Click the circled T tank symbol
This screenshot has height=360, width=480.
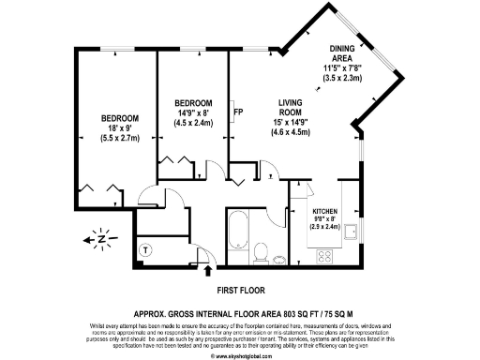point(146,250)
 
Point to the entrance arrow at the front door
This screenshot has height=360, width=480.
point(208,272)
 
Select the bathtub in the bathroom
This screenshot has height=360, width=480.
point(236,232)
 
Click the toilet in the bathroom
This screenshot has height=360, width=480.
point(262,251)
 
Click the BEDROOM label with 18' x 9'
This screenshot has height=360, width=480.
point(120,117)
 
